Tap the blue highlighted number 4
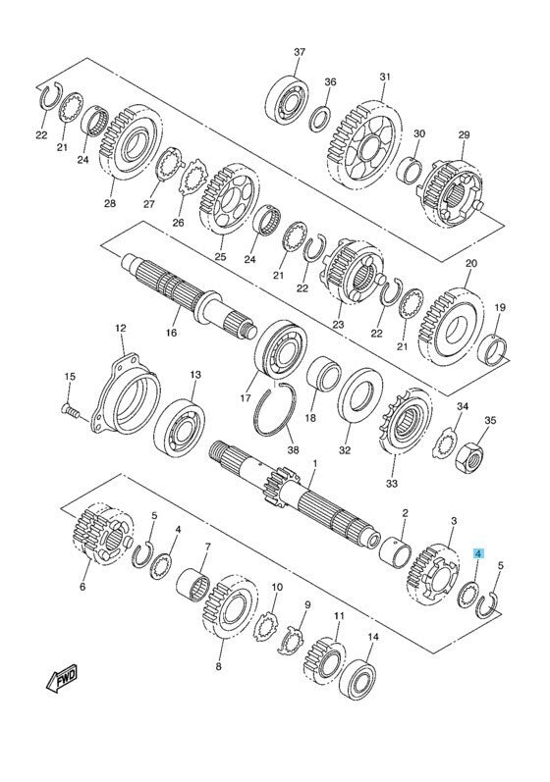tap(478, 553)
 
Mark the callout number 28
tap(109, 204)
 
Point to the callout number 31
tap(385, 78)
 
